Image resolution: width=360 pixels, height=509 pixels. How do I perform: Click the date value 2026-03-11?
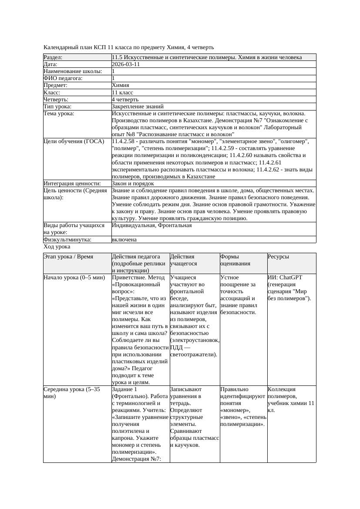pos(126,64)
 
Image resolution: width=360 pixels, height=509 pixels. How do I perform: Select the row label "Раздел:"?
pos(53,57)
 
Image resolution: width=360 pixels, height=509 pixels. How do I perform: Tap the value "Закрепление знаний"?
pos(138,107)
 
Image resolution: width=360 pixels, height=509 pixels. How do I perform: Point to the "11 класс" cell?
pos(122,93)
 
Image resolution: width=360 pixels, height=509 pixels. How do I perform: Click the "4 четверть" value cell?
pos(125,100)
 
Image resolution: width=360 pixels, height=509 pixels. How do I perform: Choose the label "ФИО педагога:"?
pos(63,78)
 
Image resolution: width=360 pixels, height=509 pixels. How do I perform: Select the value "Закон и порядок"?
pos(133,184)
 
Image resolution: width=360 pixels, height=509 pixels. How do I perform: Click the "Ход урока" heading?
pos(57,247)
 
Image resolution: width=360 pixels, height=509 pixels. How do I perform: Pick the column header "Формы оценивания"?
pos(236,260)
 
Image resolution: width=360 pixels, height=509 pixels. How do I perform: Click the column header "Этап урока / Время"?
pos(68,257)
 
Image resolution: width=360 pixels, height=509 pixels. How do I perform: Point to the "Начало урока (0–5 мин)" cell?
pos(74,277)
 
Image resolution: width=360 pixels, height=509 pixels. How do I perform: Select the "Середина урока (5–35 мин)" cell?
pos(71,393)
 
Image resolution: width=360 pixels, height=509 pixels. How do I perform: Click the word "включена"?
pos(124,240)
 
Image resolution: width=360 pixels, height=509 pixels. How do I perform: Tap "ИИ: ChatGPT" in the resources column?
pos(285,277)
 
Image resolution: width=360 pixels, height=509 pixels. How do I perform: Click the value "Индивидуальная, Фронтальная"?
pos(151,226)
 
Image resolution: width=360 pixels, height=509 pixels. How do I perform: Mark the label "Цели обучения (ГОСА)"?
pos(74,141)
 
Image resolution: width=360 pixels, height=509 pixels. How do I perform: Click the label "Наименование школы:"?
pos(73,71)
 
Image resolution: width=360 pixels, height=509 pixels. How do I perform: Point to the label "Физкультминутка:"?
pos(67,240)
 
